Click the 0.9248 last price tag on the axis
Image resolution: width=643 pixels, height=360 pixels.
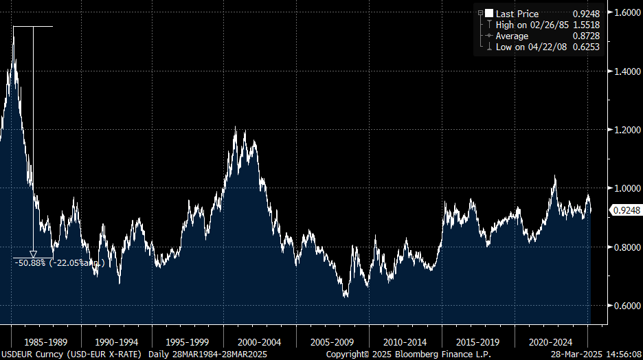point(626,211)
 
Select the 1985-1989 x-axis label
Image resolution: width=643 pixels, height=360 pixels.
point(45,341)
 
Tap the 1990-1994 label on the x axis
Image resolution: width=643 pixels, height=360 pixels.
point(117,341)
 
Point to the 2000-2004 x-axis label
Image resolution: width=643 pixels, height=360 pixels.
point(260,341)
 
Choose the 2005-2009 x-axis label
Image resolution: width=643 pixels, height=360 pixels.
point(332,341)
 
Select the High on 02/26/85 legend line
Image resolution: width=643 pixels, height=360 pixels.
point(531,25)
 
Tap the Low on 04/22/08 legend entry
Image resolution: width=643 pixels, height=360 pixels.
point(531,47)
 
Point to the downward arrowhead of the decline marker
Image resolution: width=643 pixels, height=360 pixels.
point(33,254)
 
